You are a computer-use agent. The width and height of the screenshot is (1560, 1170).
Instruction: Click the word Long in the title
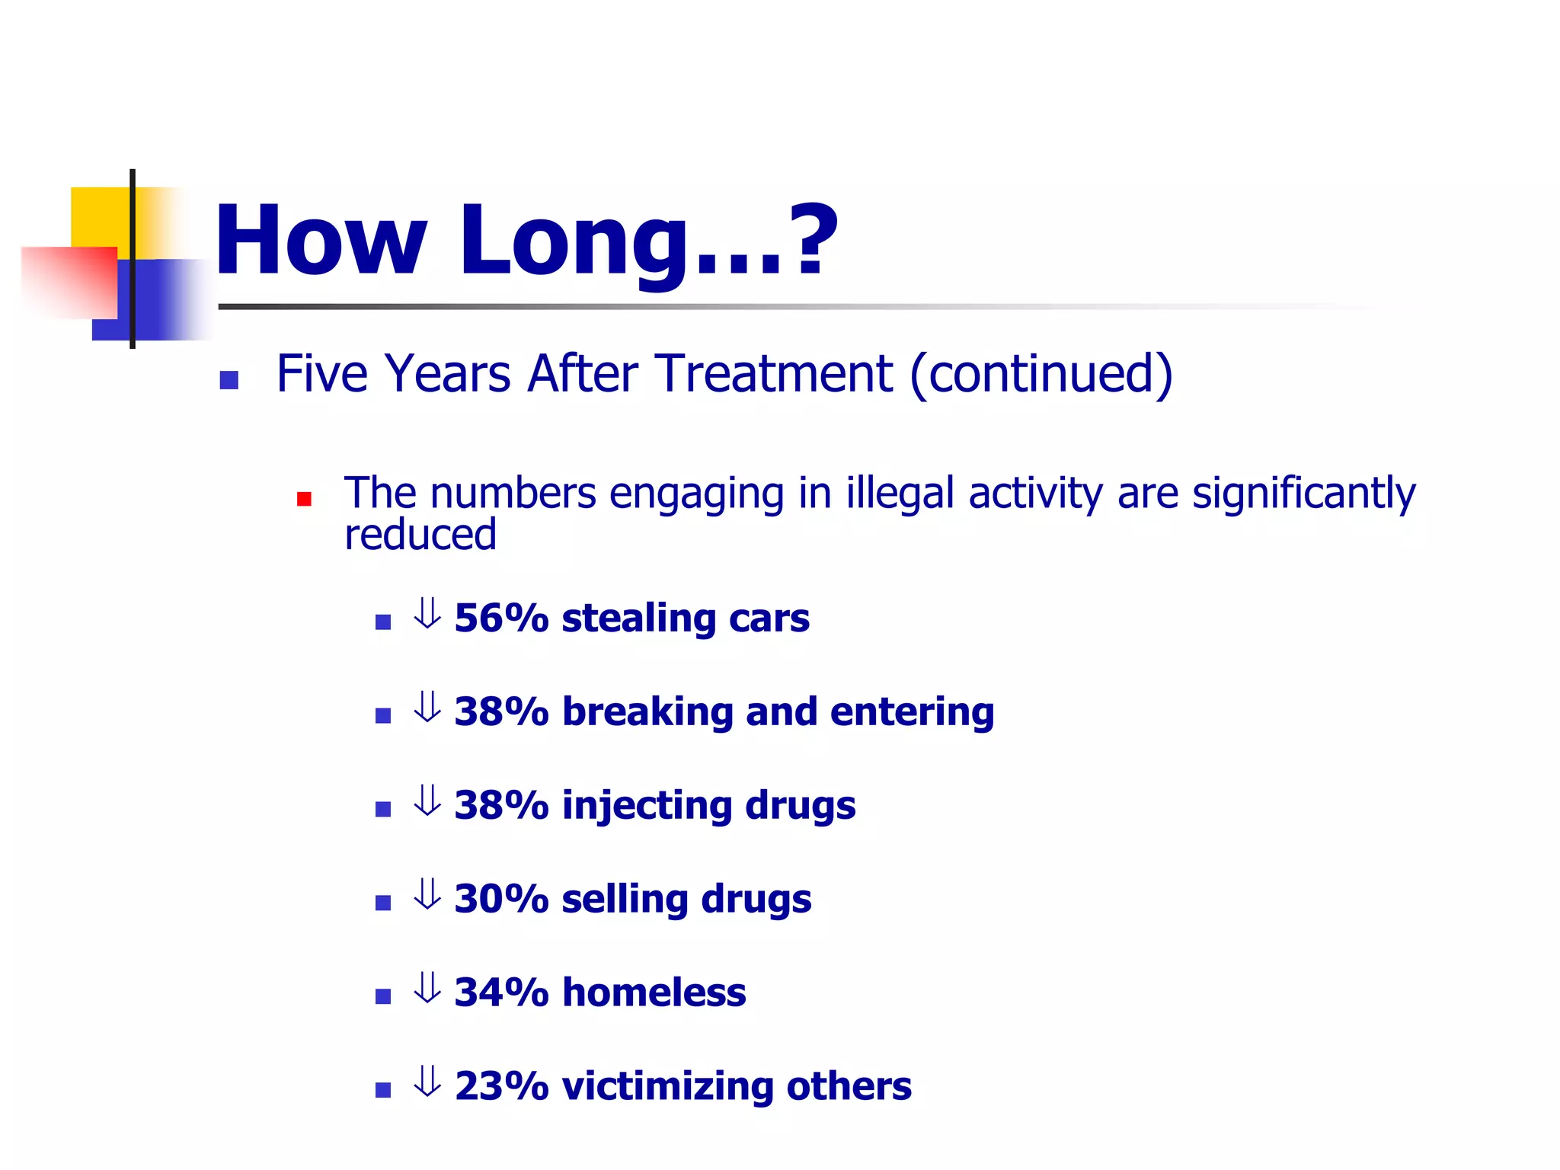coord(573,242)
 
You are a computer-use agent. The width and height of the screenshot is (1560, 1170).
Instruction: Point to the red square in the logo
coord(69,282)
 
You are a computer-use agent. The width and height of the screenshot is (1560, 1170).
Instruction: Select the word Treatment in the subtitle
coord(774,374)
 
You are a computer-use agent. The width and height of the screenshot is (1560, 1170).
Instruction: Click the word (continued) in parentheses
coord(1041,374)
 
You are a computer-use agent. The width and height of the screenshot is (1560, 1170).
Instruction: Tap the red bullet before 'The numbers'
coord(305,500)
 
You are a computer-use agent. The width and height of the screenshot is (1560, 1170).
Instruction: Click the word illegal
coord(900,493)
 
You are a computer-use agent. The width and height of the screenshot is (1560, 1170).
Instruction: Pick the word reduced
coord(420,535)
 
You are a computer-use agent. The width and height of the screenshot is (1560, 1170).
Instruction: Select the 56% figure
coord(501,618)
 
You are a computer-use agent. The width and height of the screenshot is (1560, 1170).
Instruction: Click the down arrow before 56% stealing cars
coord(427,614)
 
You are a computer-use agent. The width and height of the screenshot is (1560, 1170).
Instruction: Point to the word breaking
coord(647,712)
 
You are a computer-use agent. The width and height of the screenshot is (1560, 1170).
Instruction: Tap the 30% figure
coord(501,899)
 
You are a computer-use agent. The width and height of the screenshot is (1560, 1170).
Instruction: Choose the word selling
coord(625,900)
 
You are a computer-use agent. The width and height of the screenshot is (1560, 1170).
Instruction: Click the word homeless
coord(654,993)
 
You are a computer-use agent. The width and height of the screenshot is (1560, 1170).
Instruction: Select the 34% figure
coord(501,993)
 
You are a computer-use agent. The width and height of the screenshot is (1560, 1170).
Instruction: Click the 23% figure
coord(501,1086)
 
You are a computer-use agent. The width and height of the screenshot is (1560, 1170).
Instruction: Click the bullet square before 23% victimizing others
coord(383,1090)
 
